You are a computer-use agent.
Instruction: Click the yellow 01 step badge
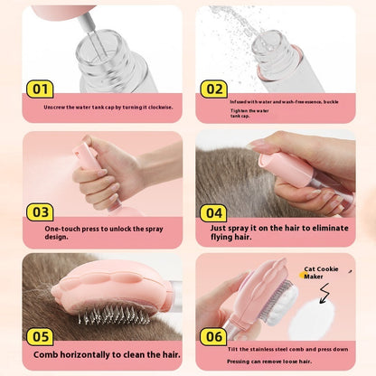(x=39, y=89)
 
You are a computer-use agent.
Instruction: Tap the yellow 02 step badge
(x=213, y=89)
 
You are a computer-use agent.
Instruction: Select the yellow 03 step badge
(x=39, y=211)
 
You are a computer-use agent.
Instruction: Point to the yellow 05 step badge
(x=39, y=335)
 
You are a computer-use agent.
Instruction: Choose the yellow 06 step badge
(x=213, y=335)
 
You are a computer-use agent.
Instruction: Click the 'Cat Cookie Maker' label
(x=321, y=272)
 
